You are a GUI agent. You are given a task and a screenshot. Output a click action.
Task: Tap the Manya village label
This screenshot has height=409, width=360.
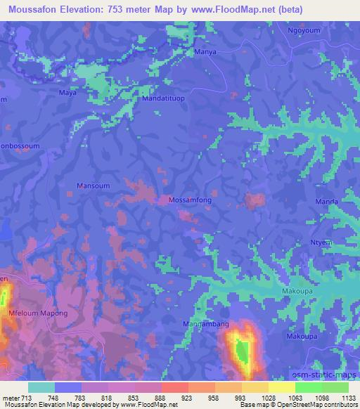[205, 52]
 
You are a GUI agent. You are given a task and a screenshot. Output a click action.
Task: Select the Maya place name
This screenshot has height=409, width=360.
[67, 92]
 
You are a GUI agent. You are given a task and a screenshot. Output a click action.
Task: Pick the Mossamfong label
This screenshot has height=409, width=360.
[189, 200]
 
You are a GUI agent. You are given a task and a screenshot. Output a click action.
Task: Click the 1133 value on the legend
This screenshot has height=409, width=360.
[349, 398]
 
